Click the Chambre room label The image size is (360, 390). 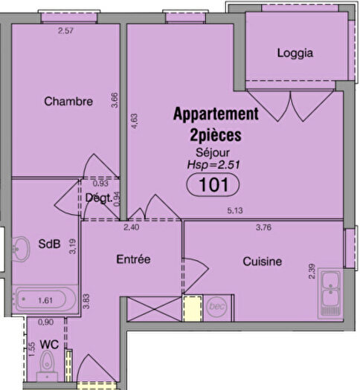click(x=68, y=101)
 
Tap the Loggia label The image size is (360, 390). click(x=295, y=53)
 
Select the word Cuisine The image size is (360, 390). click(x=261, y=261)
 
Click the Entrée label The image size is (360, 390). click(x=134, y=259)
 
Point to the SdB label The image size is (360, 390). click(x=49, y=244)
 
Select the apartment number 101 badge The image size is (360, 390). click(x=216, y=185)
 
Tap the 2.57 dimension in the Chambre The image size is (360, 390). click(x=68, y=30)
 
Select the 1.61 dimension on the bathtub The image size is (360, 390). click(x=46, y=301)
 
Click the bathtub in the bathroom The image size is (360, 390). click(x=46, y=301)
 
